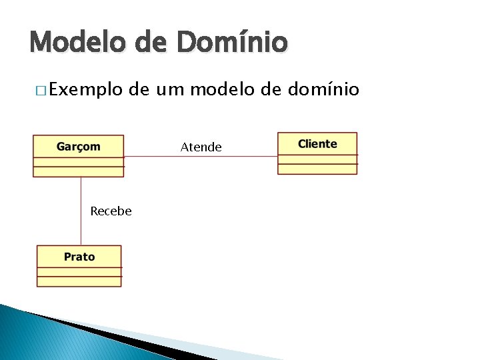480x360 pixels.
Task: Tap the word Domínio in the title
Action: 233,42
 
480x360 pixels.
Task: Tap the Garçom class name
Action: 79,146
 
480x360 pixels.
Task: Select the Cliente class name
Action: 317,143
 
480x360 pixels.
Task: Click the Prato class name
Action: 79,257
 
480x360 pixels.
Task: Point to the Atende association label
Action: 201,147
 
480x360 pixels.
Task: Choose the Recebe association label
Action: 111,211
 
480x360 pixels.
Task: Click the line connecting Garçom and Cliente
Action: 200,157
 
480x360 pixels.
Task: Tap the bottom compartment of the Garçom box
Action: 79,171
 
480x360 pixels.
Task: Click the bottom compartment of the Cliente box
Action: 317,169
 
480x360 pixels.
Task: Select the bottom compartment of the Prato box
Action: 79,281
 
